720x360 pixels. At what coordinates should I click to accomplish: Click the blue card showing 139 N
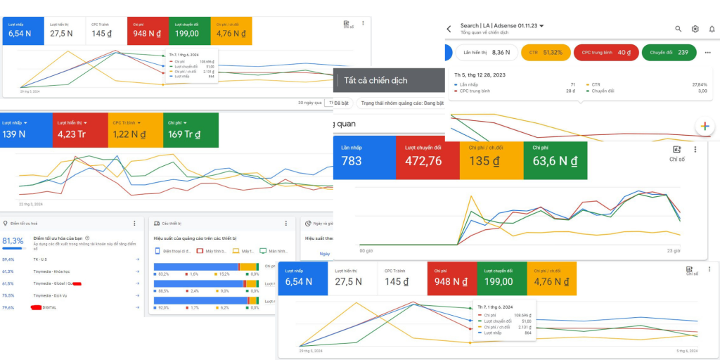click(x=26, y=129)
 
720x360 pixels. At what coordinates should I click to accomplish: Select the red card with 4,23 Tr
click(x=80, y=129)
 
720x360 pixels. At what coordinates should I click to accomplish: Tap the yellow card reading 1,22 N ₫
click(x=135, y=129)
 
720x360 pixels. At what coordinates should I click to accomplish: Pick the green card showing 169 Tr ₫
click(x=191, y=129)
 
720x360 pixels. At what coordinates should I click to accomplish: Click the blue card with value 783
click(x=365, y=156)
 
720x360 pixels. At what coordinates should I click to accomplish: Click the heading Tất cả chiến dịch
click(x=375, y=80)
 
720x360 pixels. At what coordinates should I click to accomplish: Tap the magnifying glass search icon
click(x=679, y=29)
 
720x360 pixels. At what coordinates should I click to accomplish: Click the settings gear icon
click(x=695, y=29)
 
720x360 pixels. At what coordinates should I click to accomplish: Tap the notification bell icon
click(x=712, y=29)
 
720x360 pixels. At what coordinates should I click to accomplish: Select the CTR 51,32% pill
click(x=546, y=52)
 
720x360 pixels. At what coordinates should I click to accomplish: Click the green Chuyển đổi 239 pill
click(x=669, y=52)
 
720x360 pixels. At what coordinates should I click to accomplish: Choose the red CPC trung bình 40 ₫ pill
click(x=606, y=52)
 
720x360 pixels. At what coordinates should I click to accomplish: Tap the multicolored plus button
click(x=705, y=127)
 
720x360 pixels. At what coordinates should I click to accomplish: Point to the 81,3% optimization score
click(x=12, y=240)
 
